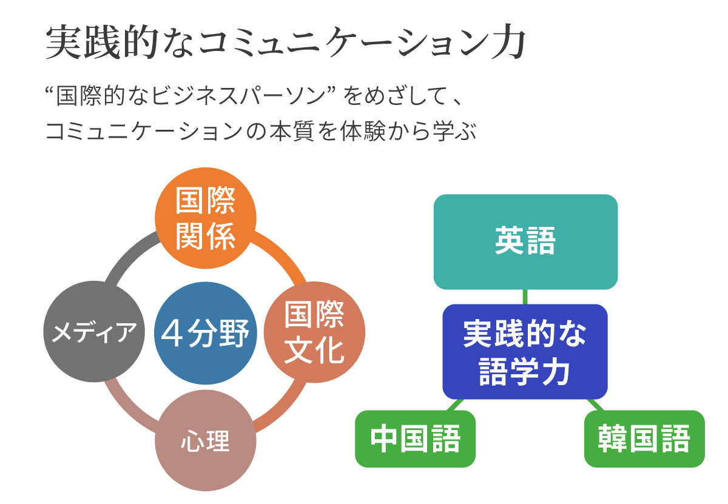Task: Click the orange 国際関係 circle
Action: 206,218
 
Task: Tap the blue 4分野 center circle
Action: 206,333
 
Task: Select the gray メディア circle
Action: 94,331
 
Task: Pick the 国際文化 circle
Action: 314,332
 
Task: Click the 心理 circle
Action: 206,441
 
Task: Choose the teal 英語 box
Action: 525,242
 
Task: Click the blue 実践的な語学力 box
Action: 525,352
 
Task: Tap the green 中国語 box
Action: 416,438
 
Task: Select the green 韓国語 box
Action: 644,438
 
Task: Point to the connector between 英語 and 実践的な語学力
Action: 525,297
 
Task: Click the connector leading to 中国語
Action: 456,405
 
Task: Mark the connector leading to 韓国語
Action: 596,405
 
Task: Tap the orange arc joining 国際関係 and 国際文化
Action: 282,255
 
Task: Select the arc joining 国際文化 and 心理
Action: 283,409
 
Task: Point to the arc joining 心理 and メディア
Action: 128,409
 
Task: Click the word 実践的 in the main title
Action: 102,42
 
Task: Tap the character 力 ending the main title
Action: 508,42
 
